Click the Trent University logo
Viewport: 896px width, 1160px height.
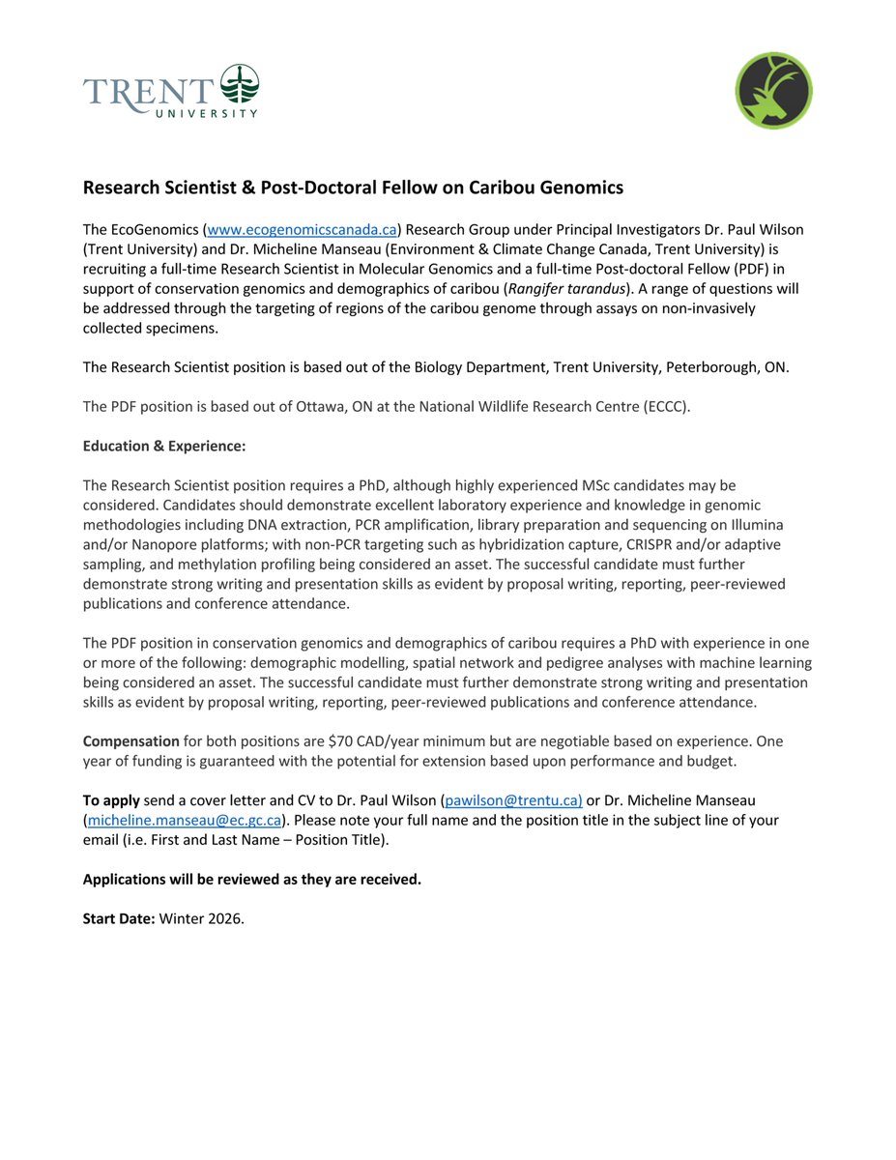[x=171, y=92]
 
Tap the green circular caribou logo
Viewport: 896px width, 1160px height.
[x=773, y=91]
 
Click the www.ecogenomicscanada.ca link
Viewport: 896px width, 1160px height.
[x=302, y=229]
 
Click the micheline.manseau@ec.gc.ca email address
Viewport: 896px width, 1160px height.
[x=184, y=820]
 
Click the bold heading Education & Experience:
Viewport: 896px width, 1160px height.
[x=164, y=446]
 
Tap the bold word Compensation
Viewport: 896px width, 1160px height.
[x=130, y=741]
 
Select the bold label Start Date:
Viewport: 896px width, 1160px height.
[x=119, y=918]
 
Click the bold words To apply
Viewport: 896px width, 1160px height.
[x=111, y=801]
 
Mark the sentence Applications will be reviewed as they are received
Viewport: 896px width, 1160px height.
[x=251, y=879]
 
